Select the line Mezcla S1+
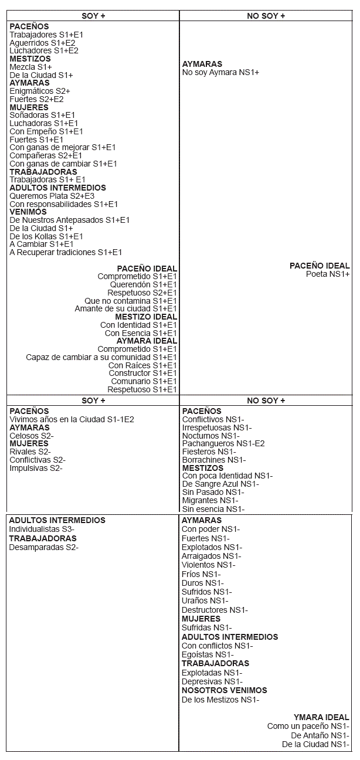coord(30,67)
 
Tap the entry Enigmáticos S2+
coord(39,91)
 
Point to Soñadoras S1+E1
coord(42,116)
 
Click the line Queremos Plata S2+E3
coord(52,196)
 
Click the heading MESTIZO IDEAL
coord(146,317)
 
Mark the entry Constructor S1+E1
coord(142,373)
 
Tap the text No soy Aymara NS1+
coord(220,72)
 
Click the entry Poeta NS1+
coord(328,274)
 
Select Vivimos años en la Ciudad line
coord(72,419)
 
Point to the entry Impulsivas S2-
coord(36,468)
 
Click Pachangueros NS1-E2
coord(223,443)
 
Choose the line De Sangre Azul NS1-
coord(220,484)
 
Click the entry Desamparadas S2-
coord(43,547)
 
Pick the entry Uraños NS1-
coord(205,600)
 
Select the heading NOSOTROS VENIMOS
coord(224,690)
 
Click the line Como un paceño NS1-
coord(308,727)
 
